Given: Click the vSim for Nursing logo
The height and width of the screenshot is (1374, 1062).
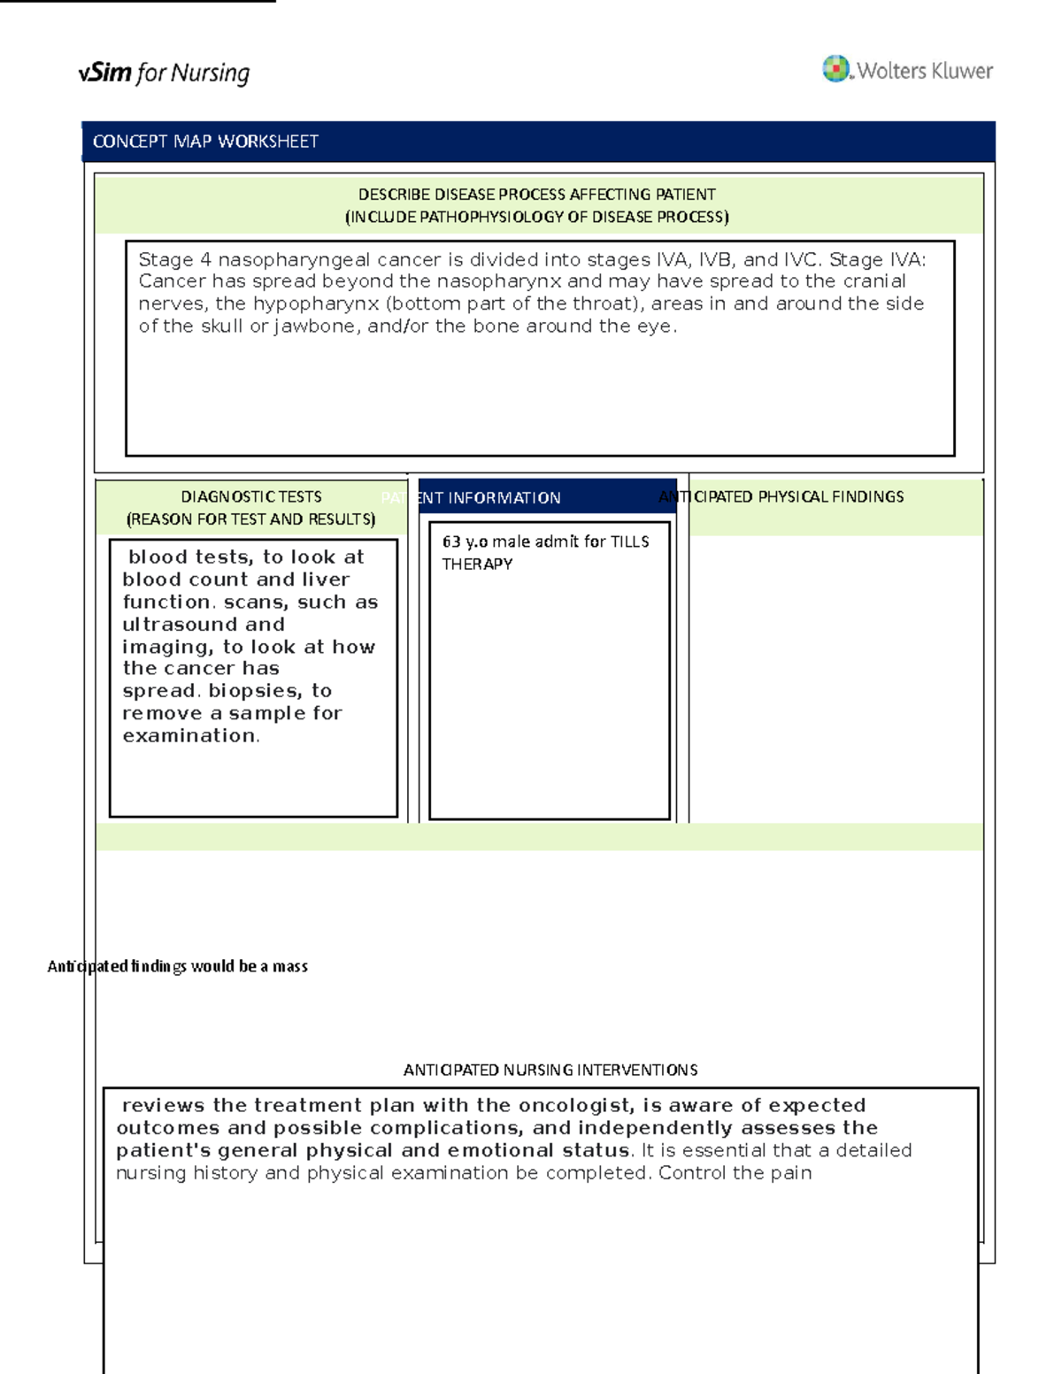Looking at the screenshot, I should pos(164,73).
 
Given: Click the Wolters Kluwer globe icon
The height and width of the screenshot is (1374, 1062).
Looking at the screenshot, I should pos(835,68).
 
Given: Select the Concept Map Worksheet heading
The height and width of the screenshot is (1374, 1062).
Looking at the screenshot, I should pos(205,142).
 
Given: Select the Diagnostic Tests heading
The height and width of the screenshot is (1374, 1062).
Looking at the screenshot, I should pos(251,497).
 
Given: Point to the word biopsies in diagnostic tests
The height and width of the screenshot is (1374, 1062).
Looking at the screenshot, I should pos(255,690).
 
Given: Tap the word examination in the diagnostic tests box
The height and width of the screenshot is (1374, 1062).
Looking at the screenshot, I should pos(189,735).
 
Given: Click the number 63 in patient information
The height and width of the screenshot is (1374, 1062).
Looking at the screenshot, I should pos(451,541).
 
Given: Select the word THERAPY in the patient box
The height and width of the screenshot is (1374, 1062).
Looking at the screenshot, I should pos(477,564).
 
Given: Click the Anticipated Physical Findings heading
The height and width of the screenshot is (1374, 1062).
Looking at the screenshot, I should pos(781,497).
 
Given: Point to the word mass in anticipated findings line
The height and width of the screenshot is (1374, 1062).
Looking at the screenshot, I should pos(290,966).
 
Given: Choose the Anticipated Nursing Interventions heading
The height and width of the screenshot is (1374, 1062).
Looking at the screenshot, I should pos(550,1070).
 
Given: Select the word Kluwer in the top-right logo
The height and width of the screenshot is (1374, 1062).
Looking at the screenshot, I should pos(959,71).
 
